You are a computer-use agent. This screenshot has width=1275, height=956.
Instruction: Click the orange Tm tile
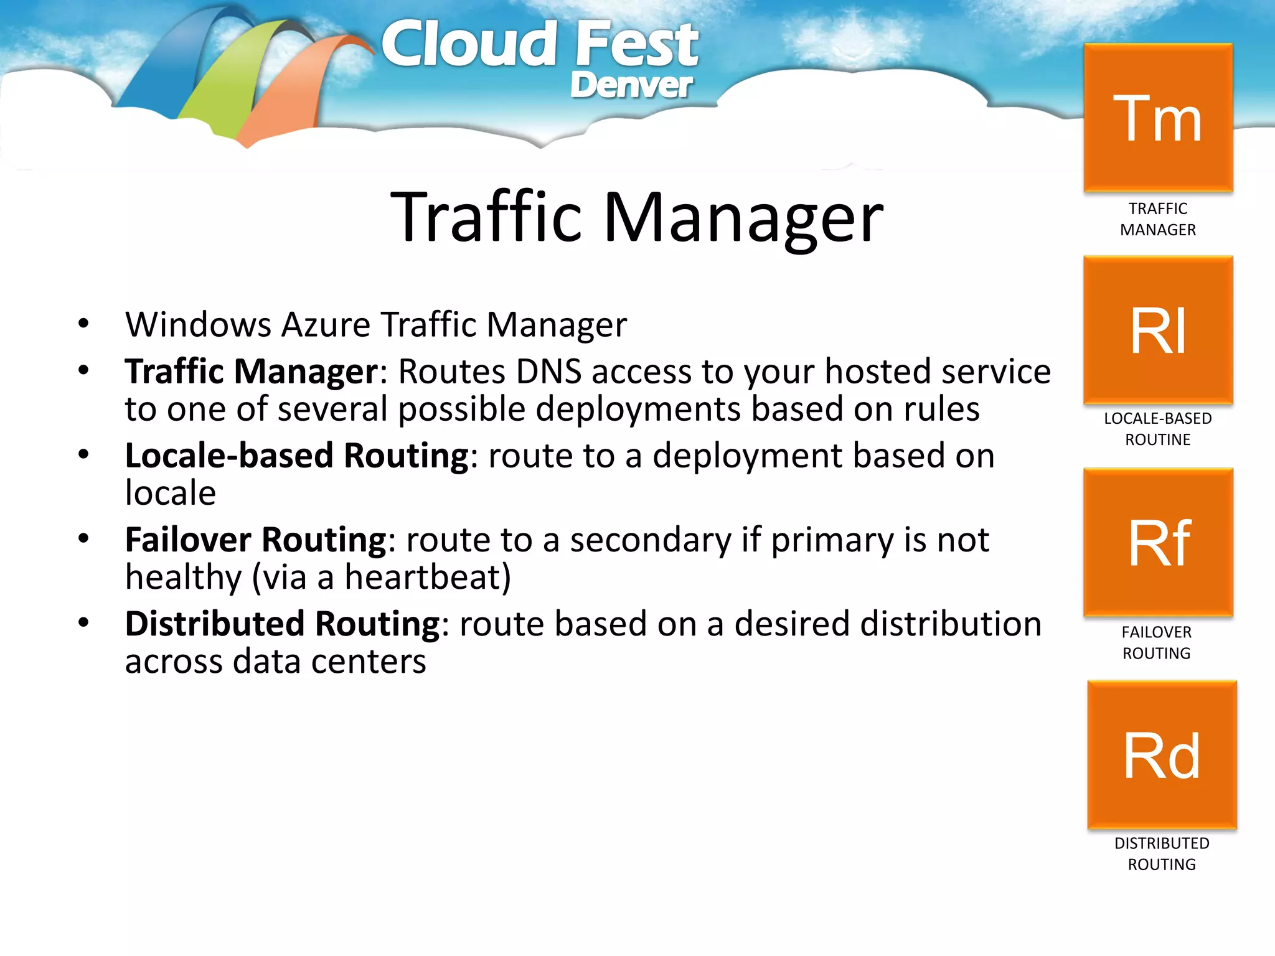(x=1158, y=118)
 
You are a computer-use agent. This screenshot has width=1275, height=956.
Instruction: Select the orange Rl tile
(x=1158, y=330)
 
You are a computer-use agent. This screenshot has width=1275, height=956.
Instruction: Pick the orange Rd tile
(x=1162, y=755)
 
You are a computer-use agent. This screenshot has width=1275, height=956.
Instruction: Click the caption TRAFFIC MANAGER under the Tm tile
(x=1158, y=219)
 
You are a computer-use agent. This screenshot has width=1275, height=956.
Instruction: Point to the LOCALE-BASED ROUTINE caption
(x=1158, y=429)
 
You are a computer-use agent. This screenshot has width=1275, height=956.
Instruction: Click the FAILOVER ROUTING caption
(x=1157, y=642)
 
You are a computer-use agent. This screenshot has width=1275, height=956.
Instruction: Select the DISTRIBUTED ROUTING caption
(x=1162, y=853)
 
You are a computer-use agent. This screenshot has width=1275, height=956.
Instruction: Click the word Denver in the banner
(x=631, y=85)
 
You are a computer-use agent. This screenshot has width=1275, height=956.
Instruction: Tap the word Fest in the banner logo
(x=636, y=45)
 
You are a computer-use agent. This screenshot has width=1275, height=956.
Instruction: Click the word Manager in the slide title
(x=743, y=218)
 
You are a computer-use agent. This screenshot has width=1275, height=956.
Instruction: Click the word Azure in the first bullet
(x=326, y=325)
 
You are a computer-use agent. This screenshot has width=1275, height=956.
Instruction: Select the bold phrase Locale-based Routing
(x=296, y=456)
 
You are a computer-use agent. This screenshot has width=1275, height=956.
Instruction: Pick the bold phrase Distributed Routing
(x=283, y=624)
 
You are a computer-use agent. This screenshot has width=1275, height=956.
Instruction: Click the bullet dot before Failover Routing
(x=83, y=538)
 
